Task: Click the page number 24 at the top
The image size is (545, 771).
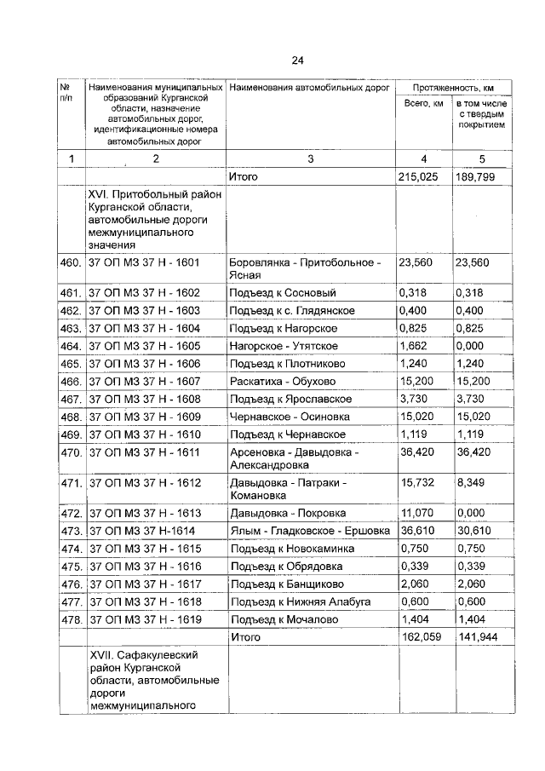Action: coord(297,60)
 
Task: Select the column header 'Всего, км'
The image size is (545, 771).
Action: coord(423,103)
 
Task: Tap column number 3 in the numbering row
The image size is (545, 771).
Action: coord(310,158)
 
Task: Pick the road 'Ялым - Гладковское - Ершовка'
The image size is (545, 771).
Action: coord(305,531)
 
